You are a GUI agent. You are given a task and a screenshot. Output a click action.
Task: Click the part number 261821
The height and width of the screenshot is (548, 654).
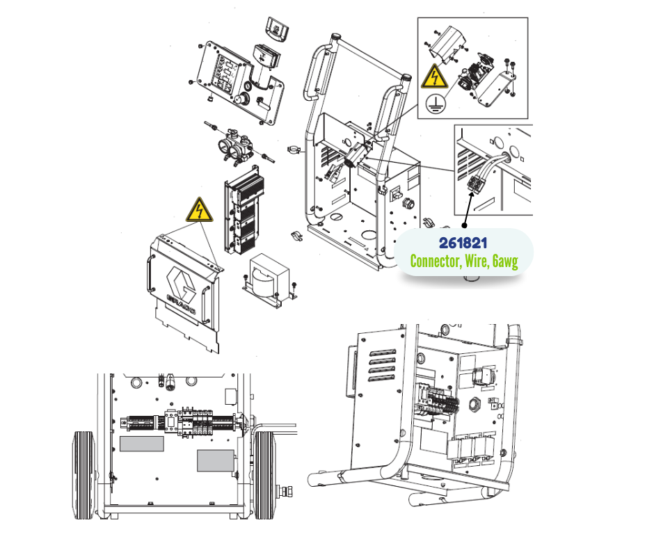point(463,243)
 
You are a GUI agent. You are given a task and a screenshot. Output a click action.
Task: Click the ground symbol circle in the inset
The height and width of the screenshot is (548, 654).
point(436,104)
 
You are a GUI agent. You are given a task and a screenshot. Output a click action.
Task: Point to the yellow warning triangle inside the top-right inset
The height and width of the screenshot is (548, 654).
point(434,76)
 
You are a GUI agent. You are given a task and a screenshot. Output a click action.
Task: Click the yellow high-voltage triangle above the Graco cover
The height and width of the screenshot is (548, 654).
point(200,210)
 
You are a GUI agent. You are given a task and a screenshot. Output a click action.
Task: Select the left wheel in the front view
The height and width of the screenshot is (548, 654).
point(83,475)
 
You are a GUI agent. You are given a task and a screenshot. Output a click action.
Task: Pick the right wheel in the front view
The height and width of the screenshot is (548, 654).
point(264,475)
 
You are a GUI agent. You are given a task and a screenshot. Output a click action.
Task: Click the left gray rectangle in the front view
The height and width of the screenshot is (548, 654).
point(142,444)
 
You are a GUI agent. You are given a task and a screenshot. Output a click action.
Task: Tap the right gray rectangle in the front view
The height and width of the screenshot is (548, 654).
point(215,461)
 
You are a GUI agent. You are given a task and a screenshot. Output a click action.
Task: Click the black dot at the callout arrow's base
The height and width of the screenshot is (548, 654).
point(464,225)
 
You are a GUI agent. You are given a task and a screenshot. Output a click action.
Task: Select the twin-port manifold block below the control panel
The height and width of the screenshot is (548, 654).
point(235,146)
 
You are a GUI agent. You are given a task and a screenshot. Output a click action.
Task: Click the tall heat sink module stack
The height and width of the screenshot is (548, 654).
point(244,210)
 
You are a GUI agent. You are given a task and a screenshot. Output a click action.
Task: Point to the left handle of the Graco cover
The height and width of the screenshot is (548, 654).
point(149,273)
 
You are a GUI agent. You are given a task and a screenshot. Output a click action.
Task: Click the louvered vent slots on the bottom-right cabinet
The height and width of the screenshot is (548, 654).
point(383,365)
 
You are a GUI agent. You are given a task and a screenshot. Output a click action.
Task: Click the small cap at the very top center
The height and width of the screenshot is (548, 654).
point(277,29)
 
